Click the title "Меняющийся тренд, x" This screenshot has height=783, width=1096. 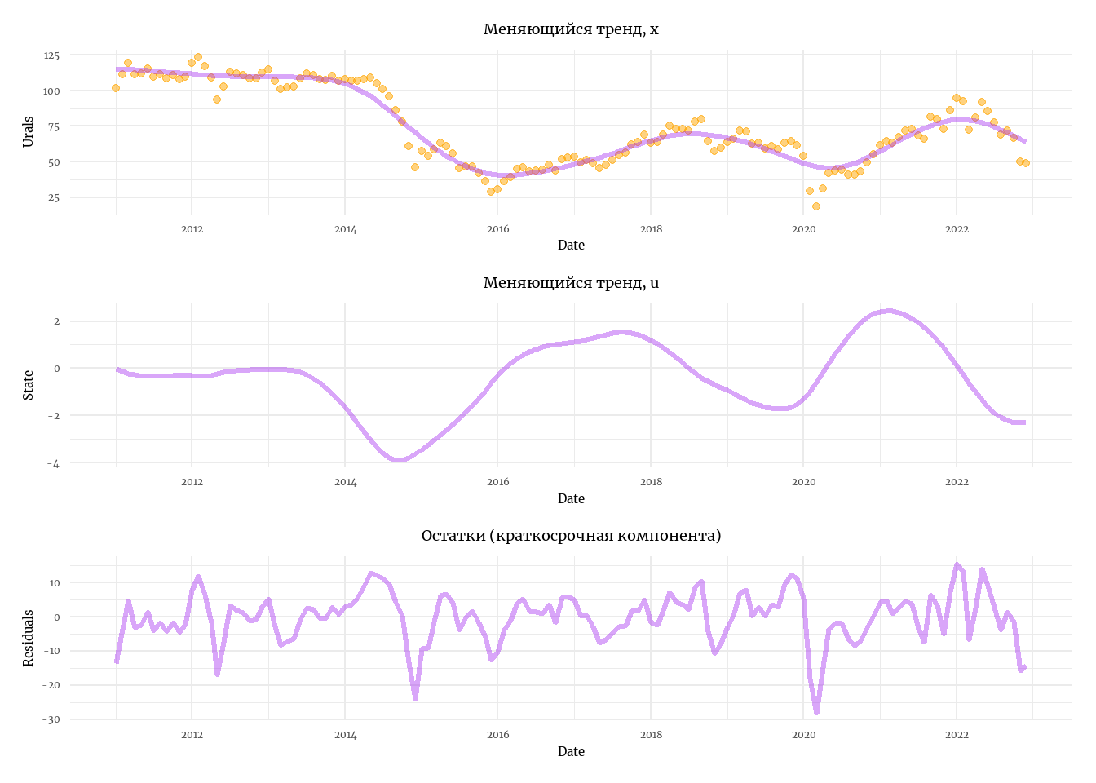pyautogui.click(x=571, y=29)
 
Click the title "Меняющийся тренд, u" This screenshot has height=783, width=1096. pyautogui.click(x=571, y=283)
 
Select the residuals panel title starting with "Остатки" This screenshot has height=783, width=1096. pyautogui.click(x=571, y=536)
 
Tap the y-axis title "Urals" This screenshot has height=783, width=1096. pyautogui.click(x=29, y=131)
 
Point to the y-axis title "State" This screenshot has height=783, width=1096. pyautogui.click(x=29, y=385)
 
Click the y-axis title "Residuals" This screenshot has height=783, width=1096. pyautogui.click(x=29, y=638)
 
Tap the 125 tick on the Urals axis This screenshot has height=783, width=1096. pyautogui.click(x=51, y=55)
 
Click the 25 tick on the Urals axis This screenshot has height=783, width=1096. pyautogui.click(x=54, y=197)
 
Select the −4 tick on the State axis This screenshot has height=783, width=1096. pyautogui.click(x=53, y=463)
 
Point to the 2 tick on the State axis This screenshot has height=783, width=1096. pyautogui.click(x=56, y=321)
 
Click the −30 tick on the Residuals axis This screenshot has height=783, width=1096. pyautogui.click(x=50, y=719)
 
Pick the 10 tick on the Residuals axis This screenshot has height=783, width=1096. pyautogui.click(x=54, y=583)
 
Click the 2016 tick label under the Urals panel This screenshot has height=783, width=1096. pyautogui.click(x=497, y=229)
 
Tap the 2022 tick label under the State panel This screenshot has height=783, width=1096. pyautogui.click(x=957, y=482)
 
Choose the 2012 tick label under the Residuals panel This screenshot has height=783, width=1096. pyautogui.click(x=192, y=735)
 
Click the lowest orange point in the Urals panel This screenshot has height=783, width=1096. pyautogui.click(x=815, y=206)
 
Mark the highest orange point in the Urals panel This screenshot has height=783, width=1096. pyautogui.click(x=198, y=57)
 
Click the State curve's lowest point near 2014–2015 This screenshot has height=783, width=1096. pyautogui.click(x=399, y=460)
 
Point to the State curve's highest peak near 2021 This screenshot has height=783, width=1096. pyautogui.click(x=889, y=311)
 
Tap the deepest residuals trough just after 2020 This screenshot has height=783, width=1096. pyautogui.click(x=816, y=712)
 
